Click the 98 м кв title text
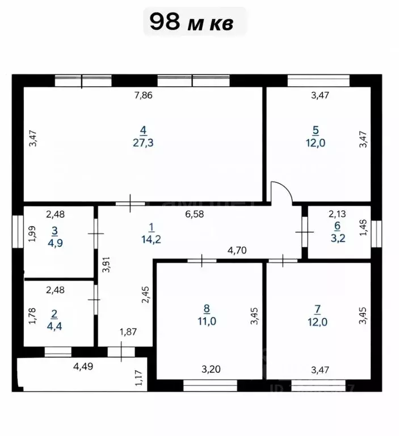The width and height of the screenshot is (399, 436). (192, 22)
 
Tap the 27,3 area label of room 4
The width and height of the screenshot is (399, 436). (143, 143)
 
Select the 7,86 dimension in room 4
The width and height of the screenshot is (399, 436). (143, 95)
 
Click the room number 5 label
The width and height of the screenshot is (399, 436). (316, 130)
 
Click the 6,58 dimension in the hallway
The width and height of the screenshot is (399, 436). (195, 214)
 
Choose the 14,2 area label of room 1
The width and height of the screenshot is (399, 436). (152, 239)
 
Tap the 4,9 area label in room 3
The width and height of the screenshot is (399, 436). (55, 243)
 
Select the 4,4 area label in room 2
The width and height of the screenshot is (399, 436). (54, 326)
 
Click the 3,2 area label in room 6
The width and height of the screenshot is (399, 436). (338, 238)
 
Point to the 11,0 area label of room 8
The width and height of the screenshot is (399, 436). (207, 321)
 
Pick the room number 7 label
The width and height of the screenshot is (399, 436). (318, 309)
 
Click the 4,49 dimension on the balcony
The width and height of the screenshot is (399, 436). (83, 367)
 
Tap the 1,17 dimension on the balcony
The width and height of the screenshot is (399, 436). (138, 377)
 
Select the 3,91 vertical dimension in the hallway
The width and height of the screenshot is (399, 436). (106, 264)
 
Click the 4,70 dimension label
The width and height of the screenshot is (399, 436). (237, 251)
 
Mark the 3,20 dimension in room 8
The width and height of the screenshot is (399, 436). (211, 369)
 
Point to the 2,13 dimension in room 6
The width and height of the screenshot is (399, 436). (337, 214)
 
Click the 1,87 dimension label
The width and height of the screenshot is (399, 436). (128, 332)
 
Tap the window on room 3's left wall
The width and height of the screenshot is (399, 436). (18, 231)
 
